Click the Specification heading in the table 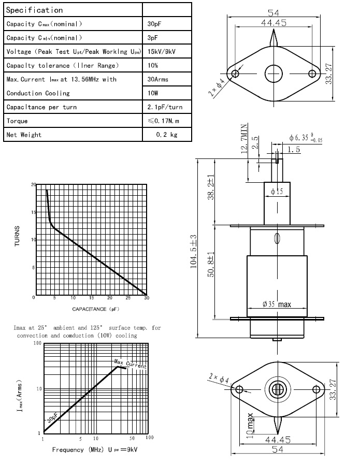(35, 10)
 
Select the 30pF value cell (153, 24)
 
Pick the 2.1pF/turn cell (165, 107)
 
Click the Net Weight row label (24, 135)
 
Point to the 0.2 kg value (166, 135)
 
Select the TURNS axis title (18, 236)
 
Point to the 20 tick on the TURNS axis (33, 185)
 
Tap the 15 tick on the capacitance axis (91, 298)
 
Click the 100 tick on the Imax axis (37, 343)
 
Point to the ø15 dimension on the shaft (277, 191)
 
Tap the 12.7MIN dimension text (244, 140)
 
